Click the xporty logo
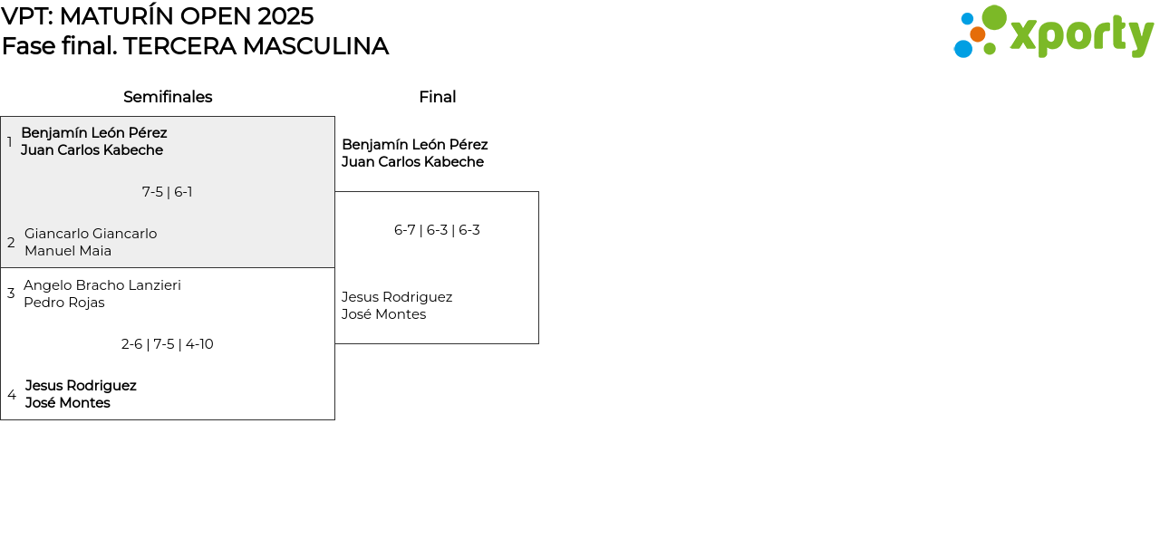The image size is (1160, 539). point(1053,32)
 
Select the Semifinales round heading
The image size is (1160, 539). point(168,97)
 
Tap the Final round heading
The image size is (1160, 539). point(438,97)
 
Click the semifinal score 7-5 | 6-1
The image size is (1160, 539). point(168,192)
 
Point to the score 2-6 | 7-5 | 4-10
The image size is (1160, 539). point(168,344)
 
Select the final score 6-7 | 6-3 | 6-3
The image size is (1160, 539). point(437,230)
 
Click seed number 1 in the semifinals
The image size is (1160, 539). point(9,141)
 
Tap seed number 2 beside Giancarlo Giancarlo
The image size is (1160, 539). point(11,242)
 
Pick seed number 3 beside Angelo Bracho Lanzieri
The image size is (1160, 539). point(11,294)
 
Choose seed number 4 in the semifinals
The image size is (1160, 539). point(12,395)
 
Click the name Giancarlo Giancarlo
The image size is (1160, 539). point(91,234)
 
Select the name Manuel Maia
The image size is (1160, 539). point(68,251)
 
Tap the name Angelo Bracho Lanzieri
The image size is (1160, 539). point(102,285)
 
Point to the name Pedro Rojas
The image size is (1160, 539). point(64,303)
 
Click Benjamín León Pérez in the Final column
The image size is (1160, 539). point(415,144)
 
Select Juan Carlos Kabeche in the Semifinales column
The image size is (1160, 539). point(92,150)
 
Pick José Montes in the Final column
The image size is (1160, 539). point(383,314)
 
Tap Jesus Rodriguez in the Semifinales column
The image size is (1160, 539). point(81,386)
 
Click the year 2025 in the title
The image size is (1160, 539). point(285,16)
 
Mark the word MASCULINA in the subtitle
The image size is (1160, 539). point(315,46)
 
